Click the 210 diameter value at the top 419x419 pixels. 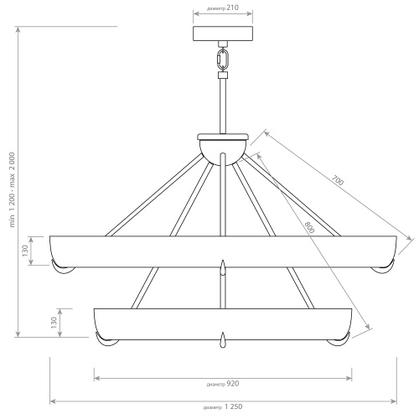point(232,8)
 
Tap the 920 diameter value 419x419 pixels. point(232,384)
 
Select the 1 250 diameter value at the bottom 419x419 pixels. point(233,406)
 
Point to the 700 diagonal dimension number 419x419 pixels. point(338,180)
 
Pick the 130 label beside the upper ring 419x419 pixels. point(25,251)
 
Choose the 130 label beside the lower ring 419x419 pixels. point(54,323)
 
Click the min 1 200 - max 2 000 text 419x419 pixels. point(12,190)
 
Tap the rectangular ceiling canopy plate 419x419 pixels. point(223,34)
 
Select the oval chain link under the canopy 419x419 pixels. point(223,60)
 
